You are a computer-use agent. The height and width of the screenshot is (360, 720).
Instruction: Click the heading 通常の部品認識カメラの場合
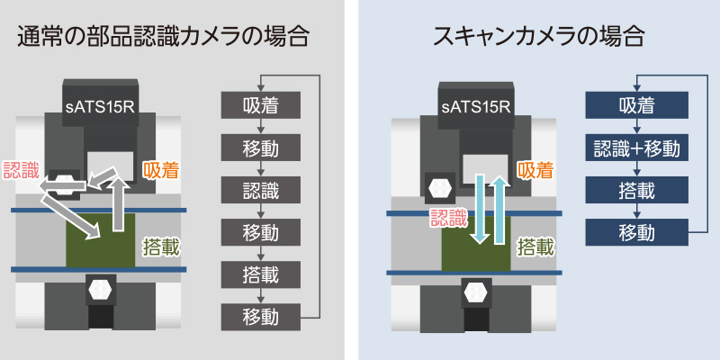pos(164,37)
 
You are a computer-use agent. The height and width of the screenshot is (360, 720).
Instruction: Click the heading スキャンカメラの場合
pos(540,37)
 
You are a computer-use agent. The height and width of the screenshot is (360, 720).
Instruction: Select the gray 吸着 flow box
pos(259,105)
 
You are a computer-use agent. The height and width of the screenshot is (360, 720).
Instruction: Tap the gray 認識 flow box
pos(259,190)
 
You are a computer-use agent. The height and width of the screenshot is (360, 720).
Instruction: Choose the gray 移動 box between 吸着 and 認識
pos(259,148)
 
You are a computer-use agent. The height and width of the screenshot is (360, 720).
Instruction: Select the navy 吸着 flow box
pos(636,105)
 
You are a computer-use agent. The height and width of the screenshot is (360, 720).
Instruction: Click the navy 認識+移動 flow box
pos(636,148)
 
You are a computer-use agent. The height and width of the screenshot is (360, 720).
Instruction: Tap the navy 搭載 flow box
pos(636,190)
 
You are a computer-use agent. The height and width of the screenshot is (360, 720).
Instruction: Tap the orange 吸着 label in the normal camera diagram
pos(161,167)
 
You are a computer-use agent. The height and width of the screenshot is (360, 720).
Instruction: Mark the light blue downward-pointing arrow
pos(480,210)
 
